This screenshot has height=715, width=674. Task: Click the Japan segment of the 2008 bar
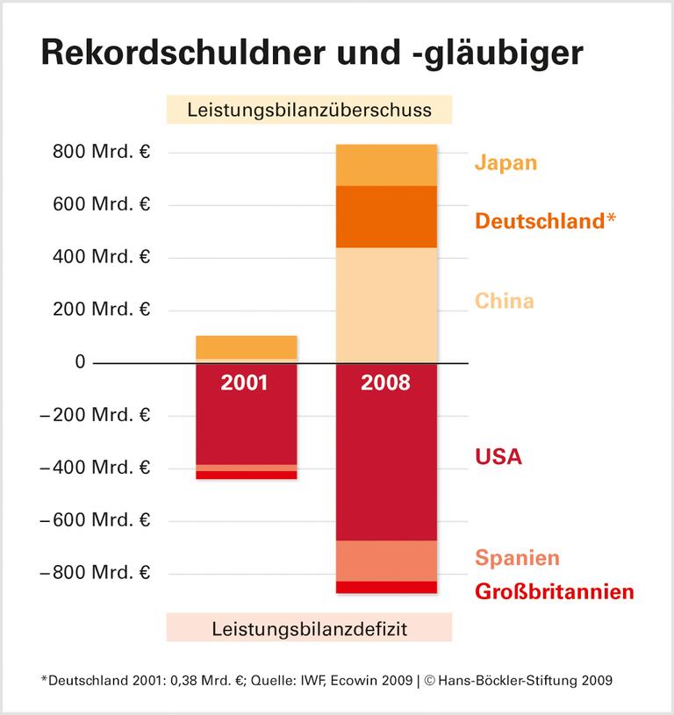click(387, 165)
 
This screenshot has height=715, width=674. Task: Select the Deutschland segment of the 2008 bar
click(387, 217)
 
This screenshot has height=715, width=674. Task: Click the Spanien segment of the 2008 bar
click(387, 561)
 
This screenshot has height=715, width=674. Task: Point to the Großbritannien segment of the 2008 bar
click(387, 588)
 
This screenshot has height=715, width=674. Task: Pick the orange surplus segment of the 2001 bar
click(246, 347)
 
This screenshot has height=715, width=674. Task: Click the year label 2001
click(246, 383)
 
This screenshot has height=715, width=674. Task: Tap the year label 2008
click(387, 383)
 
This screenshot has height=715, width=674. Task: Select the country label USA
click(498, 456)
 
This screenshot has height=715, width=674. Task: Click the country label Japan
click(505, 163)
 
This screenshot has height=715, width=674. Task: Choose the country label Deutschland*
click(545, 220)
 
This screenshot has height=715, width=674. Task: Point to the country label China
click(504, 302)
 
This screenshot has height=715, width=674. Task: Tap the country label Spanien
click(517, 558)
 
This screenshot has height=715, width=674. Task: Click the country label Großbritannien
click(554, 592)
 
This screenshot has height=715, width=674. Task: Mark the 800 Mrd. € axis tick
click(101, 153)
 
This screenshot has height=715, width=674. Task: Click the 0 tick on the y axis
click(80, 362)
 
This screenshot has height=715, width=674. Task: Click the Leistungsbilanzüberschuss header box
click(309, 111)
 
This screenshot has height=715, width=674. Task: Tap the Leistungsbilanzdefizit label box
click(309, 628)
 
